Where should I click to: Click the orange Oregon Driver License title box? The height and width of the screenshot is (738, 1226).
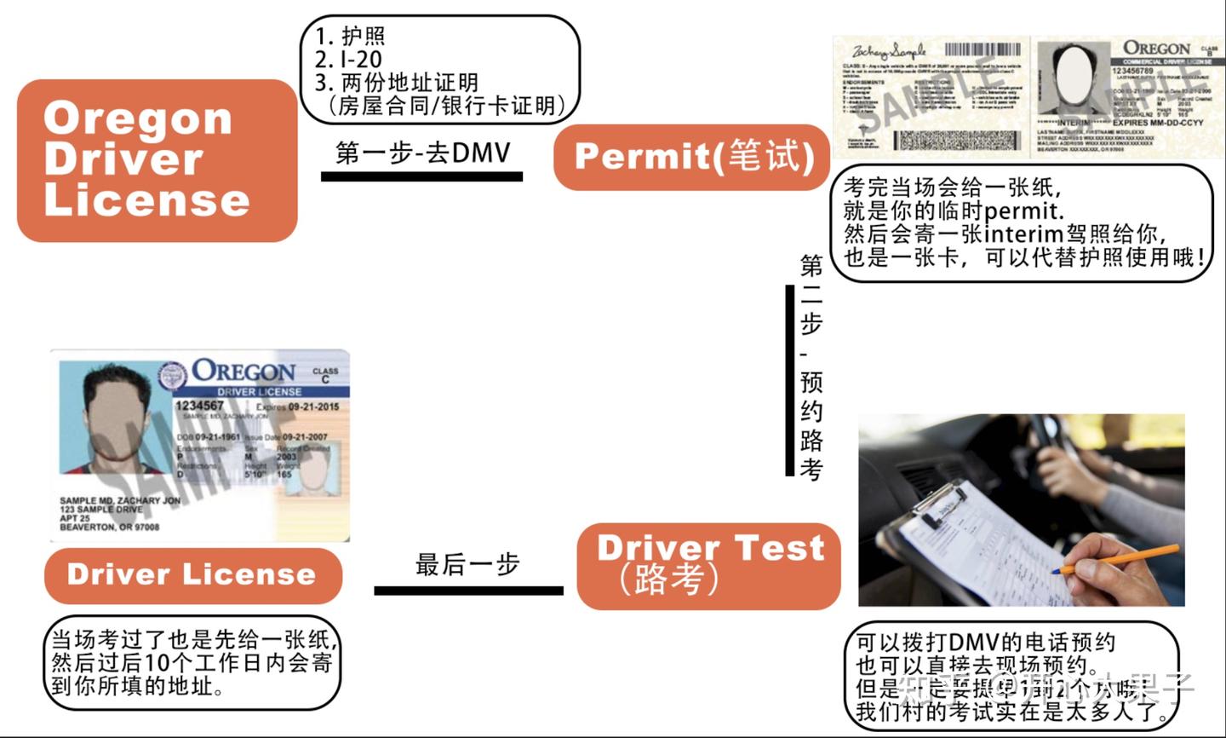[158, 160]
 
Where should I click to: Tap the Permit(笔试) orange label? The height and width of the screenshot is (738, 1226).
[691, 157]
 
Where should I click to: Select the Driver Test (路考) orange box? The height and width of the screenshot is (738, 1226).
[708, 565]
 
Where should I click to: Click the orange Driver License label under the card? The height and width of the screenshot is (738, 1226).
[192, 574]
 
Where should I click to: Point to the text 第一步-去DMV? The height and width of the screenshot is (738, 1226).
[422, 153]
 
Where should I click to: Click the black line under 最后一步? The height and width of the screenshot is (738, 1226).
[468, 591]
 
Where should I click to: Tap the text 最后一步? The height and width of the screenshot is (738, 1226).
[467, 564]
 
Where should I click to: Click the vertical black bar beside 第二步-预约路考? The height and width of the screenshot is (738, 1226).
[789, 380]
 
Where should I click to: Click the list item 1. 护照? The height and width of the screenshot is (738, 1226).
[351, 36]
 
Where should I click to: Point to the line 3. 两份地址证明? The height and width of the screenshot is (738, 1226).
[397, 83]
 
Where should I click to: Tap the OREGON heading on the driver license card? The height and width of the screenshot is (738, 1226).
[243, 372]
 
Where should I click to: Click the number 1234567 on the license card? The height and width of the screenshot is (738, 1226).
[200, 406]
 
